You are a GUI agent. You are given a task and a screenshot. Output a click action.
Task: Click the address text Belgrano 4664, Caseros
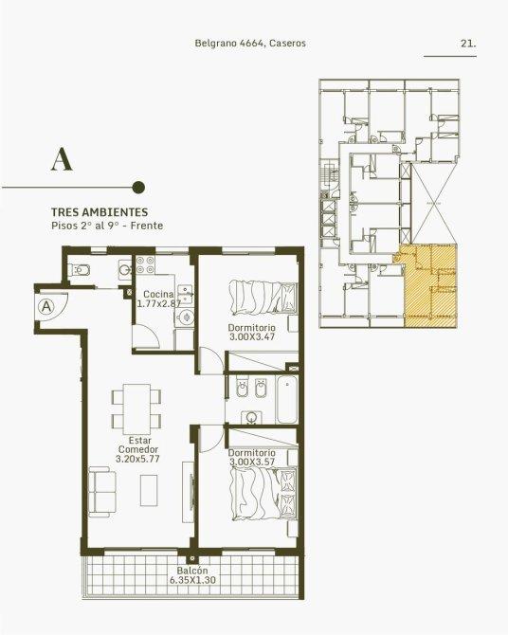pyautogui.click(x=250, y=44)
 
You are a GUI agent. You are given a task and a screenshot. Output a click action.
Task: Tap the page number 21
pyautogui.click(x=468, y=44)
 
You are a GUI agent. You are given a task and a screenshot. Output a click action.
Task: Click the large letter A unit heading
pyautogui.click(x=62, y=159)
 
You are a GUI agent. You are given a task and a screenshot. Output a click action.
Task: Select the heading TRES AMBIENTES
pyautogui.click(x=100, y=212)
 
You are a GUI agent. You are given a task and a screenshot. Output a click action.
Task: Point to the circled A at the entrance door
pyautogui.click(x=47, y=306)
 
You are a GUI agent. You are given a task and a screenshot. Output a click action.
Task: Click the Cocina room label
pyautogui.click(x=158, y=295)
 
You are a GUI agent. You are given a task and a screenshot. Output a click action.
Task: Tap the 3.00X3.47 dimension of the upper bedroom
pyautogui.click(x=251, y=337)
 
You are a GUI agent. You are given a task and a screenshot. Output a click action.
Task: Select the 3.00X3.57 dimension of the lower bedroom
pyautogui.click(x=251, y=463)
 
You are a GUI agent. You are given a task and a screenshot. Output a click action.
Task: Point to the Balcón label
pyautogui.click(x=192, y=571)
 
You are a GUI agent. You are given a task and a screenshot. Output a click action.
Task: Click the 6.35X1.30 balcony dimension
pyautogui.click(x=192, y=580)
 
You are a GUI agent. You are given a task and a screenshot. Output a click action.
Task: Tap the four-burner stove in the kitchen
pyautogui.click(x=145, y=264)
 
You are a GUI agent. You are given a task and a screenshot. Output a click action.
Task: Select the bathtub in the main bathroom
pyautogui.click(x=287, y=399)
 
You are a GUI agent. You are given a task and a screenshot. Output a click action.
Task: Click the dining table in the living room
pyautogui.click(x=136, y=409)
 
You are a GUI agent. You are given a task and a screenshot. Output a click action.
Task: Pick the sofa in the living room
pyautogui.click(x=101, y=492)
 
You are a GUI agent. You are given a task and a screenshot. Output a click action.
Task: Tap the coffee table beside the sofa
pyautogui.click(x=149, y=490)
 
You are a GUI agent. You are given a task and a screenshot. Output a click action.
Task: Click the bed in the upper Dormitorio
pyautogui.click(x=263, y=298)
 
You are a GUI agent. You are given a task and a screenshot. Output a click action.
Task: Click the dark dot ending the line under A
pyautogui.click(x=139, y=187)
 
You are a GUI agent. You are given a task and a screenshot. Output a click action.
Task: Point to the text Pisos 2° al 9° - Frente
pyautogui.click(x=107, y=226)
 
